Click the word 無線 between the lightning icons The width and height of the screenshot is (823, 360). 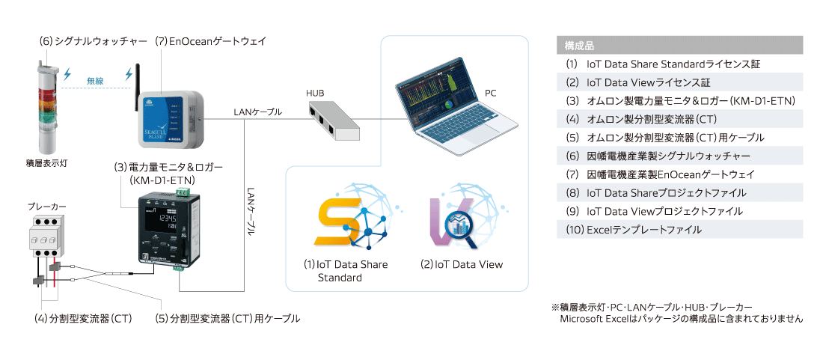click(x=96, y=80)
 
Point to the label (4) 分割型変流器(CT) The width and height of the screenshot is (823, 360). click(x=83, y=319)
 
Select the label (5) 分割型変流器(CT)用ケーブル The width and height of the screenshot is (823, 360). click(x=227, y=319)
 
